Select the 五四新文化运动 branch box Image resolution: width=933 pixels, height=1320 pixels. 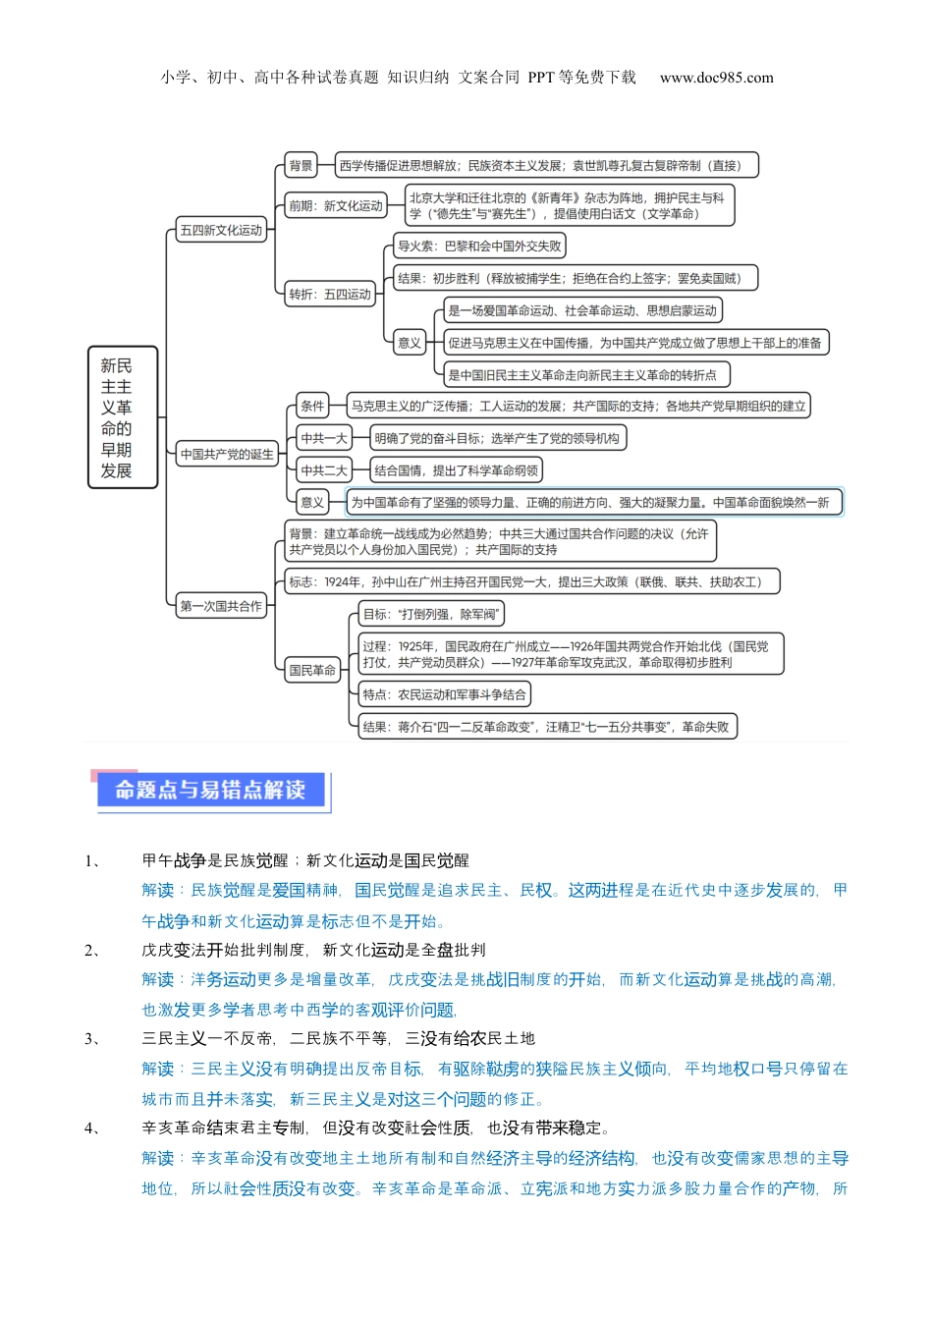pyautogui.click(x=221, y=231)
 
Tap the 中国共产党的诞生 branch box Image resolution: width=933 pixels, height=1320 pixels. pyautogui.click(x=227, y=455)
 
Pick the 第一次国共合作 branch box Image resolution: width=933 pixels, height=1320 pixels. pyautogui.click(x=221, y=606)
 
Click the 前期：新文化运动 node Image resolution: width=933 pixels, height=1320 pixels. pyautogui.click(x=335, y=206)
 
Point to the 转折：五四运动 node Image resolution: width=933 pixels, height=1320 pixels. pyautogui.click(x=330, y=294)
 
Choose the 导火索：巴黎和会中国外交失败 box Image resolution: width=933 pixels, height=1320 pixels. pyautogui.click(x=479, y=247)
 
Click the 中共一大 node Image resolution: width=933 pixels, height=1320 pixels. pyautogui.click(x=324, y=438)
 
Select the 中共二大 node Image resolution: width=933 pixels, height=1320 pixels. pyautogui.click(x=324, y=470)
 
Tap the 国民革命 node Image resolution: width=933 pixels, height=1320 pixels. pyautogui.click(x=312, y=671)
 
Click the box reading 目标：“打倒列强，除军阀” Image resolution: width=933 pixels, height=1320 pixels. pyautogui.click(x=431, y=615)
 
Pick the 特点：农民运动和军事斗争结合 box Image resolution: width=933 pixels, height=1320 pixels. pyautogui.click(x=444, y=695)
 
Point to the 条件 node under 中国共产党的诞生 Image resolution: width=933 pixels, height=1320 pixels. pyautogui.click(x=312, y=406)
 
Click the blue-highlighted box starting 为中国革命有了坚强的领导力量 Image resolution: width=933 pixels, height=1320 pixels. pyautogui.click(x=594, y=502)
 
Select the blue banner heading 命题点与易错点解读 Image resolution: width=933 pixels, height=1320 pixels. pyautogui.click(x=210, y=791)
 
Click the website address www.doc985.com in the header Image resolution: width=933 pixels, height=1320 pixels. pyautogui.click(x=716, y=78)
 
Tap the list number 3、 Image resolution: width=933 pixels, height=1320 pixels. pyautogui.click(x=92, y=1039)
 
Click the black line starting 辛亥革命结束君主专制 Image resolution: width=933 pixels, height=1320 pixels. pyautogui.click(x=375, y=1128)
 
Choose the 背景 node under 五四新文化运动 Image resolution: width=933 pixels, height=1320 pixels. pyautogui.click(x=301, y=166)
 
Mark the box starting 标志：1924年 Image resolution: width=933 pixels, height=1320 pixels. pyautogui.click(x=532, y=582)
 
